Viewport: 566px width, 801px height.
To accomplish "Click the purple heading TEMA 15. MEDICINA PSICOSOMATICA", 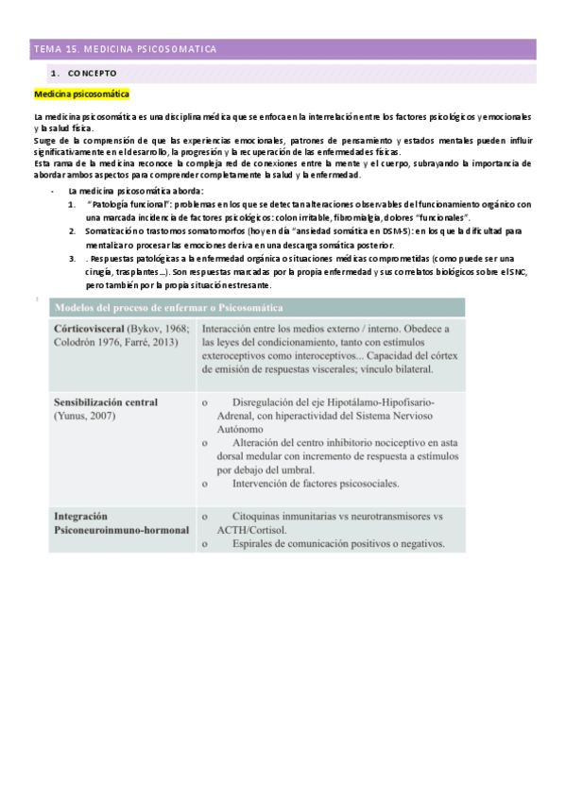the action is tap(125, 48).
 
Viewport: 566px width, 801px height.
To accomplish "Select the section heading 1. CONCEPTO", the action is tap(84, 73).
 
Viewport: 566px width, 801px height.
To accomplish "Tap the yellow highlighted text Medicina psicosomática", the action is tap(82, 95).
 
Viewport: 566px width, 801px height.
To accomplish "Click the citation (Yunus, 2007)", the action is tap(85, 414).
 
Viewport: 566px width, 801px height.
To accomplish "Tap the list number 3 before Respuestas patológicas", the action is tap(73, 258).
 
